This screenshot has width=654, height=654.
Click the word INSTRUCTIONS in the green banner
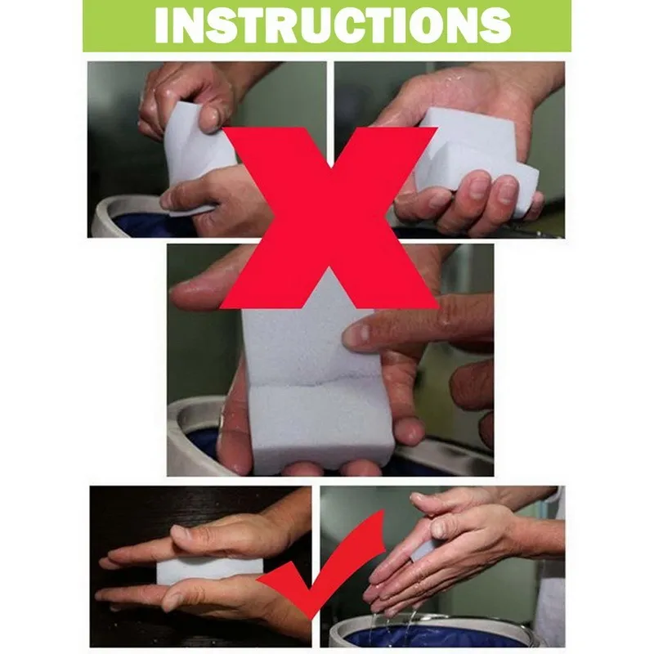[x=333, y=25]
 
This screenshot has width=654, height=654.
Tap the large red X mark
[x=329, y=217]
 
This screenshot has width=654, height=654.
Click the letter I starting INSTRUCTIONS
[x=160, y=25]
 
